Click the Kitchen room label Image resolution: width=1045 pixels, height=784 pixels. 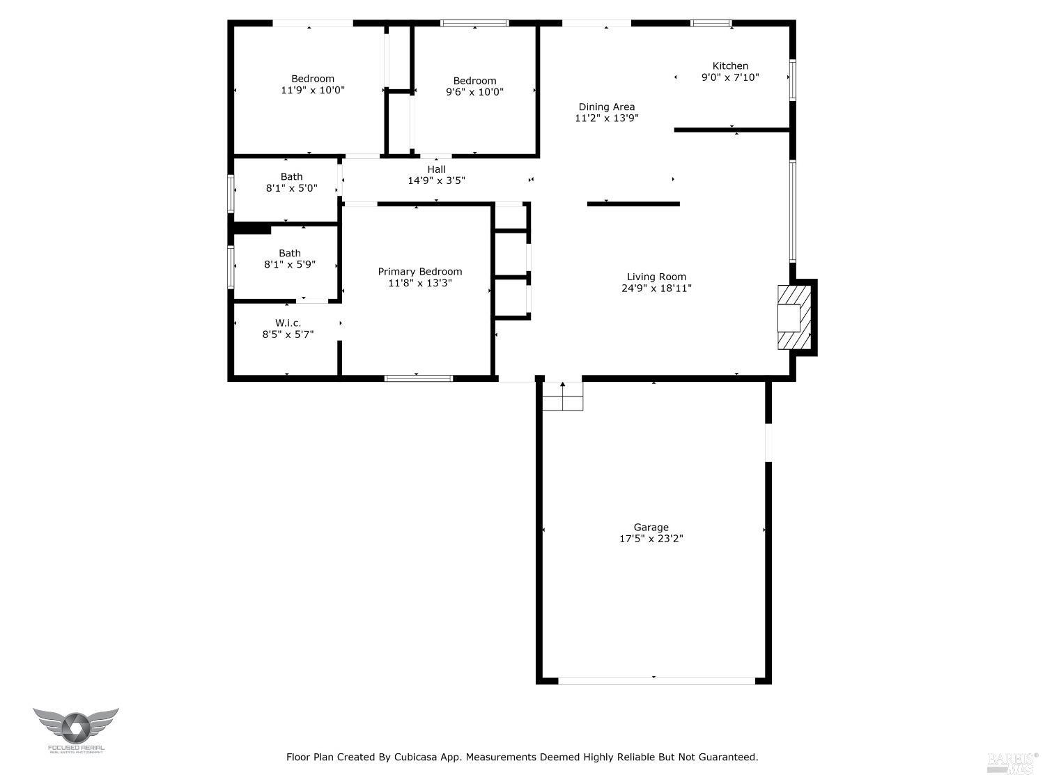click(730, 66)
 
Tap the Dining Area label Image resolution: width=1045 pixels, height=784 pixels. click(606, 107)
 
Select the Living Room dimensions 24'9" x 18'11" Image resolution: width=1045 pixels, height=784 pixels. click(656, 289)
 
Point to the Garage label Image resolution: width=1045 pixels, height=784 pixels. click(651, 528)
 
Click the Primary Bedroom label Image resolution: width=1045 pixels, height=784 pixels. click(419, 272)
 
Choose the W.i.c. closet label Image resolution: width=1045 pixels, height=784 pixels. click(288, 323)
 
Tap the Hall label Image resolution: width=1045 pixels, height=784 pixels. click(436, 169)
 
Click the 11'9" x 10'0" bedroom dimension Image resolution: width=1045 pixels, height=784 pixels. click(313, 91)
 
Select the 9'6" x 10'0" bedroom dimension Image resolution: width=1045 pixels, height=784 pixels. click(474, 92)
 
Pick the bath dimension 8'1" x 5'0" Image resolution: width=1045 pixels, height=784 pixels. click(291, 188)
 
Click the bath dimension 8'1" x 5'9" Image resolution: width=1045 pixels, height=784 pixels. click(290, 265)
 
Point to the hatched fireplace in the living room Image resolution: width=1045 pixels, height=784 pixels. click(794, 317)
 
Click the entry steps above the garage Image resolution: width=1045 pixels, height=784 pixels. click(562, 397)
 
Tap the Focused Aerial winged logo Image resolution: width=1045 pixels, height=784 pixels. click(75, 727)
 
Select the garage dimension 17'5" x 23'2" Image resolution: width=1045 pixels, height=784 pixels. click(651, 539)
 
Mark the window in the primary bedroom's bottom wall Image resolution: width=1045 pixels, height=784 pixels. click(418, 378)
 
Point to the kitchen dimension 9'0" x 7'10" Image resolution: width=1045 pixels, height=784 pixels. click(730, 78)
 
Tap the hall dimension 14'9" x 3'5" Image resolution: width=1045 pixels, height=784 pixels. click(436, 180)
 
